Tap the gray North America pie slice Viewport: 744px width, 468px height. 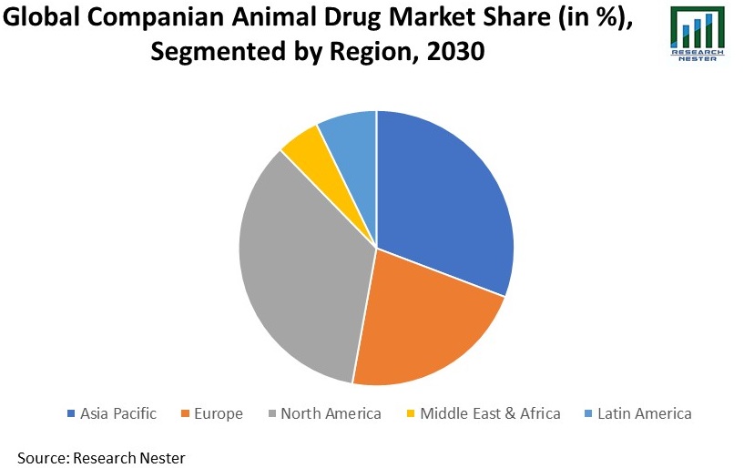pos(301,273)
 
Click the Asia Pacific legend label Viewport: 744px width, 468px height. pos(118,413)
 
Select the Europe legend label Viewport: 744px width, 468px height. pos(218,413)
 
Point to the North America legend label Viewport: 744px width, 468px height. pos(331,413)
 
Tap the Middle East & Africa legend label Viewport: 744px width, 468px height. pos(490,413)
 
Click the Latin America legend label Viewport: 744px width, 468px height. pos(645,413)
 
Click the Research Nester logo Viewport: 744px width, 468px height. pos(698,33)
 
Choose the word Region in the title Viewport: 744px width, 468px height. pos(372,53)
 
